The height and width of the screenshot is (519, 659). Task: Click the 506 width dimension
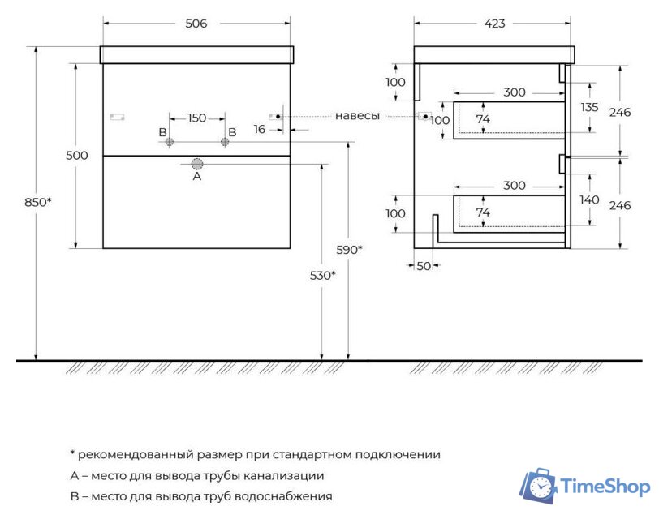click(196, 24)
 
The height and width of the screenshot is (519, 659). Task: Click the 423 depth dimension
click(494, 24)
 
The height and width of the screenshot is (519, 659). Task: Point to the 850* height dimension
click(37, 203)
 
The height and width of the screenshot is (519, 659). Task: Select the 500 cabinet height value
click(77, 156)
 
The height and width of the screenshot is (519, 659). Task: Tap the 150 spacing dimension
click(196, 118)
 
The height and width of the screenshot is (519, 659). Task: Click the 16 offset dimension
click(260, 129)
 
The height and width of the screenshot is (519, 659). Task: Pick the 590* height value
click(349, 250)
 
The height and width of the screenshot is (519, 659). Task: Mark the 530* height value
click(322, 276)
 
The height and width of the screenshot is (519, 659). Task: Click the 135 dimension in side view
click(590, 107)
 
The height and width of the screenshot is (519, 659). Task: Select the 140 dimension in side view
click(590, 199)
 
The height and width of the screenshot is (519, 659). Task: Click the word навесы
click(357, 116)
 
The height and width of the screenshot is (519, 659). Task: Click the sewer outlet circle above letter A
click(196, 163)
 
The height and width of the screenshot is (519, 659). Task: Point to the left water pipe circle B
click(170, 143)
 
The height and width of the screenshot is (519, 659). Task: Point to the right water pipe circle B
click(225, 143)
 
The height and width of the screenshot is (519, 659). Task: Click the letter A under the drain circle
click(196, 176)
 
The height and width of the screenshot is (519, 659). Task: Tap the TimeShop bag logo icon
click(537, 486)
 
